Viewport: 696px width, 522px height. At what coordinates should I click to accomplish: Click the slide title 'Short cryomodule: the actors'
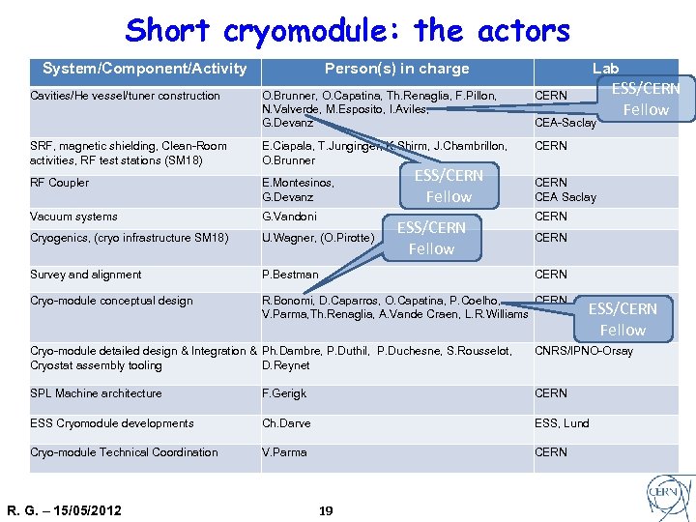[x=347, y=30]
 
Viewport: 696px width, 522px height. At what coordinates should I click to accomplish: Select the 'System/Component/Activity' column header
[x=145, y=69]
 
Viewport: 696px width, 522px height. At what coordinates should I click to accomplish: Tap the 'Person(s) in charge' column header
[x=396, y=69]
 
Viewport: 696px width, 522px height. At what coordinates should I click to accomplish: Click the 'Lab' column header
[x=605, y=69]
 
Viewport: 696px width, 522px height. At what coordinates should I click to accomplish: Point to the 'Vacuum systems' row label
[x=73, y=217]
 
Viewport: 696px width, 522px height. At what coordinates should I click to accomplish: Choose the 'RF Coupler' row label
[x=60, y=183]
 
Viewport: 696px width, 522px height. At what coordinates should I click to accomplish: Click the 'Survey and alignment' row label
[x=86, y=275]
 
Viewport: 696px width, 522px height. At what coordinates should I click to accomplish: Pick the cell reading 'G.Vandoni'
[x=289, y=217]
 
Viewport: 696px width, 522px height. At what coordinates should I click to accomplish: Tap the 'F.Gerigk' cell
[x=284, y=393]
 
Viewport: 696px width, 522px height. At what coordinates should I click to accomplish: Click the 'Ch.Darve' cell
[x=286, y=423]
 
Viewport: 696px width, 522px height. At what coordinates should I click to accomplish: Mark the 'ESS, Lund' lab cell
[x=562, y=423]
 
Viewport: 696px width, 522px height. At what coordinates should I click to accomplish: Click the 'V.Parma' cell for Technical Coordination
[x=284, y=452]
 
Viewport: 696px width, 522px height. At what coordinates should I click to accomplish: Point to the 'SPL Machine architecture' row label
[x=96, y=393]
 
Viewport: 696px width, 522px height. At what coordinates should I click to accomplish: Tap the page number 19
[x=326, y=509]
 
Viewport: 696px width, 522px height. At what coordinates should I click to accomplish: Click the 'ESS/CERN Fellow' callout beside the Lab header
[x=646, y=99]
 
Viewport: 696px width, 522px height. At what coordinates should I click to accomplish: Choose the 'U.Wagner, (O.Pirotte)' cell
[x=318, y=238]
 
